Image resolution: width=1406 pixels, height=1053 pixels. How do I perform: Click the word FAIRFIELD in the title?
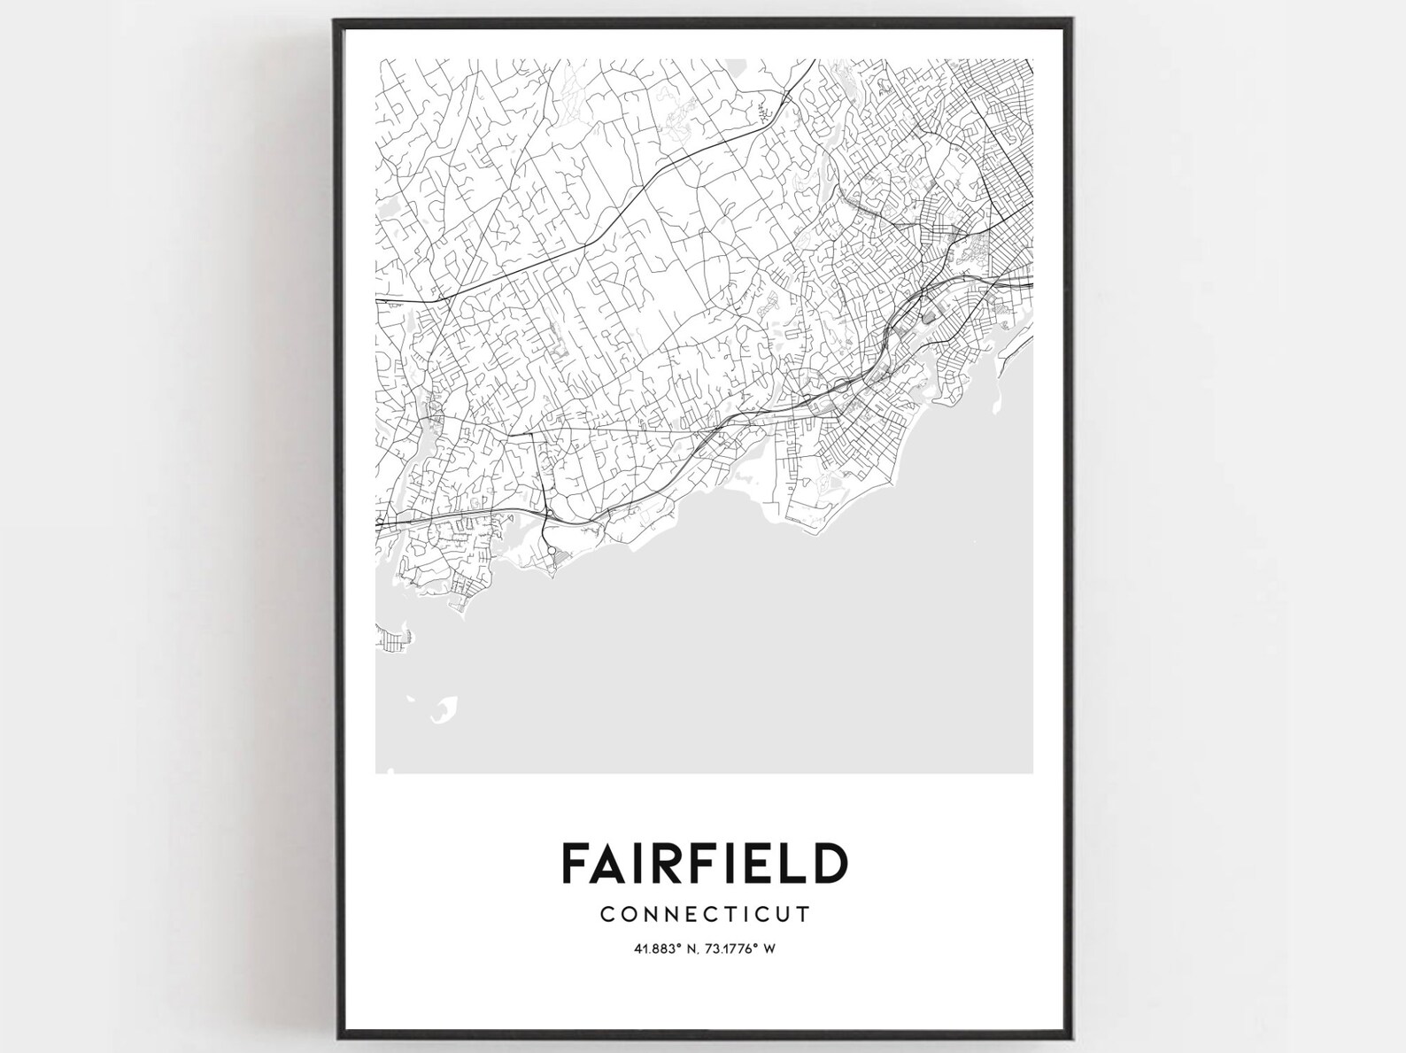[705, 863]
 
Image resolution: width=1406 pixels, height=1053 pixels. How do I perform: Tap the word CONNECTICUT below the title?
[705, 913]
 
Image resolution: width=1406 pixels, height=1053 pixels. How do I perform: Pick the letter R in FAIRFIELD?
[661, 863]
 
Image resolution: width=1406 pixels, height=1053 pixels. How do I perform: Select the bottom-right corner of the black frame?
[1074, 1036]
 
